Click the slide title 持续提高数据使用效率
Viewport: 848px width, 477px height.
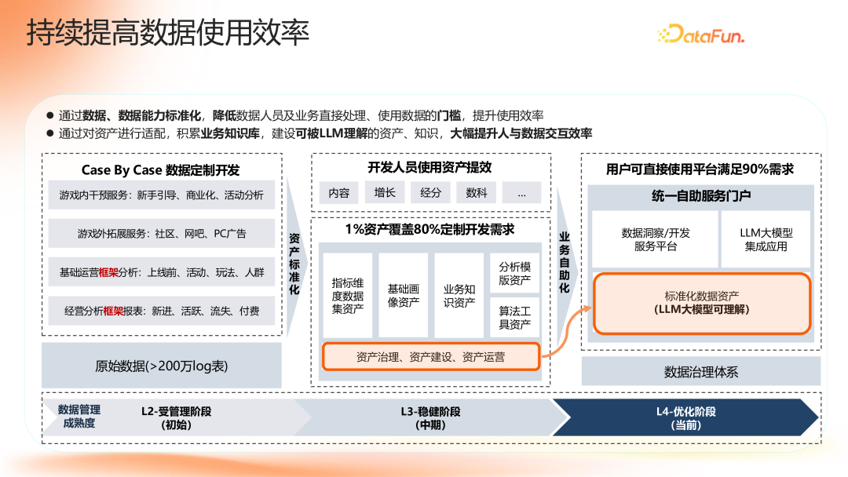pos(167,33)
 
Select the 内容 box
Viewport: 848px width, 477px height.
pos(339,192)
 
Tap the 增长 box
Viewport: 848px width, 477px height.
pos(385,192)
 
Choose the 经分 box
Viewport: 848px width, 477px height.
pos(430,192)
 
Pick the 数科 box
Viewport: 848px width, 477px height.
pos(476,192)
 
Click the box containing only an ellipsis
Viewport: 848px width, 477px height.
pos(522,192)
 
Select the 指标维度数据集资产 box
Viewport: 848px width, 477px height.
pos(347,295)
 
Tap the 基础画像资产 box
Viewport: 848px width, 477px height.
pos(404,295)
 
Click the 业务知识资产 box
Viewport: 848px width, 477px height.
pos(459,295)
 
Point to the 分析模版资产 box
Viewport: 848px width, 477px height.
pos(515,273)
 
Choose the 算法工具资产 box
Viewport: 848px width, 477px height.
pos(515,318)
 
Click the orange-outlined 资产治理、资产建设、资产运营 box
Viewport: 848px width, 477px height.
pos(430,357)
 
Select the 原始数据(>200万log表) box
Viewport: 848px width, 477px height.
pos(161,366)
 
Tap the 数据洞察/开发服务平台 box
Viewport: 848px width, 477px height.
pos(655,239)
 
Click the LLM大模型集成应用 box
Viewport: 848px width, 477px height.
pos(766,239)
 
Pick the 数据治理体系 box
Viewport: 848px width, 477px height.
pos(700,371)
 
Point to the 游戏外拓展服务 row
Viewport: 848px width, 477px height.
pos(162,233)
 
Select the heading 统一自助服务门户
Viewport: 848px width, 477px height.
pos(700,196)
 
